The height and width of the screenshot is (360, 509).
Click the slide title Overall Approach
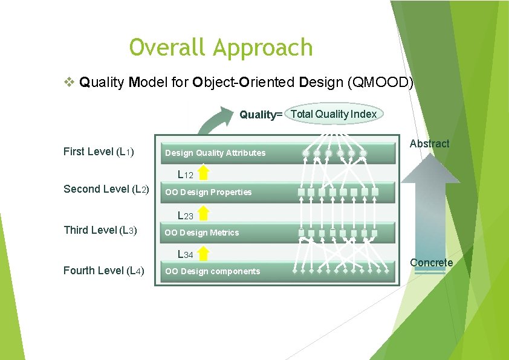pyautogui.click(x=221, y=47)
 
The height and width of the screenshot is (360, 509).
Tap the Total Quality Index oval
pyautogui.click(x=333, y=114)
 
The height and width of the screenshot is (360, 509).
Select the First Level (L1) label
pyautogui.click(x=99, y=152)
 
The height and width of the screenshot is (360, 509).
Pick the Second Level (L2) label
pyautogui.click(x=106, y=189)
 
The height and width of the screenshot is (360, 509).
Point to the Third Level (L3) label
pyautogui.click(x=100, y=230)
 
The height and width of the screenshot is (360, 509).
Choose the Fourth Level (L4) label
pyautogui.click(x=103, y=271)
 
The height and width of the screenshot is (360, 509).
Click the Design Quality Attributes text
pyautogui.click(x=215, y=153)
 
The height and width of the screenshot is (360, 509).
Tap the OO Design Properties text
pyautogui.click(x=209, y=192)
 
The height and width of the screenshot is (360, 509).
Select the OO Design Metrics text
pyautogui.click(x=202, y=233)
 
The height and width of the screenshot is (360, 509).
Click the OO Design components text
pyautogui.click(x=213, y=272)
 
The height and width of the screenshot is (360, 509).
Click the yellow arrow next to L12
pyautogui.click(x=204, y=173)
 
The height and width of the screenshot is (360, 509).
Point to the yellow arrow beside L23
pyautogui.click(x=204, y=213)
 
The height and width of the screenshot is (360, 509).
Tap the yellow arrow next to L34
pyautogui.click(x=204, y=252)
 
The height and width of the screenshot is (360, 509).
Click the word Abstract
pyautogui.click(x=429, y=144)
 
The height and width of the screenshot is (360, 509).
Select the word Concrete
pyautogui.click(x=431, y=263)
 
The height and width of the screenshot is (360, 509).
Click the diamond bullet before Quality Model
pyautogui.click(x=69, y=81)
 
